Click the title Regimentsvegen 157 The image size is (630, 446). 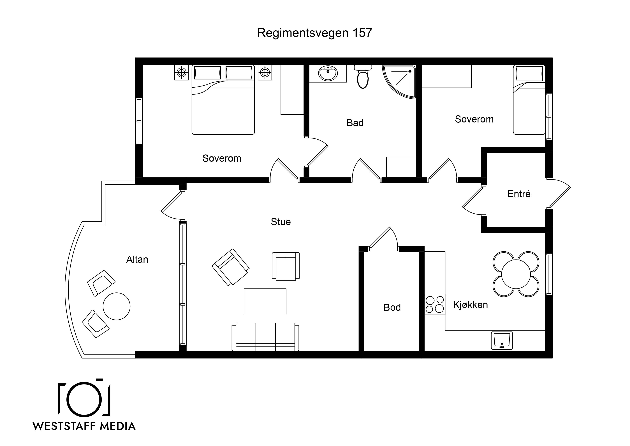tap(314, 33)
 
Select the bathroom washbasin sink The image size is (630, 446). tap(328, 73)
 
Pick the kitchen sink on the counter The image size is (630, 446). tap(502, 341)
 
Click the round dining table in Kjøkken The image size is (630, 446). tap(516, 274)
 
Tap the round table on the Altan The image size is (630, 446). tap(117, 306)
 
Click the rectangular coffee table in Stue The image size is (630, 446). tap(265, 301)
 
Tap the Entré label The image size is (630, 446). tap(519, 194)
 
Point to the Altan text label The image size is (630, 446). tap(137, 259)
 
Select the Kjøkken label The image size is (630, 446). tap(471, 305)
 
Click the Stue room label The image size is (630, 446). tap(281, 222)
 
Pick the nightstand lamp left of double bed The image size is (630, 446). tap(181, 72)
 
